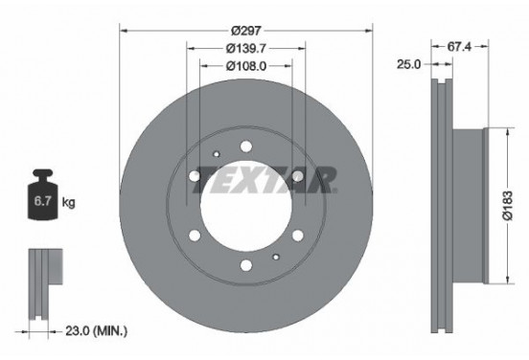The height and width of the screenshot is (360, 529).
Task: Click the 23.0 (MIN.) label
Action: click(x=97, y=331)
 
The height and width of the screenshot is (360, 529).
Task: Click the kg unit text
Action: click(x=68, y=204)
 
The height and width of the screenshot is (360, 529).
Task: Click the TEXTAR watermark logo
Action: click(x=265, y=179)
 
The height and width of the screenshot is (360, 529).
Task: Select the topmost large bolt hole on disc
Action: click(x=246, y=146)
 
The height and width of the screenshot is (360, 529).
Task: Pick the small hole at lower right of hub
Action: click(x=277, y=256)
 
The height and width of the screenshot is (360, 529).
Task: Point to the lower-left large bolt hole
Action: click(x=197, y=235)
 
